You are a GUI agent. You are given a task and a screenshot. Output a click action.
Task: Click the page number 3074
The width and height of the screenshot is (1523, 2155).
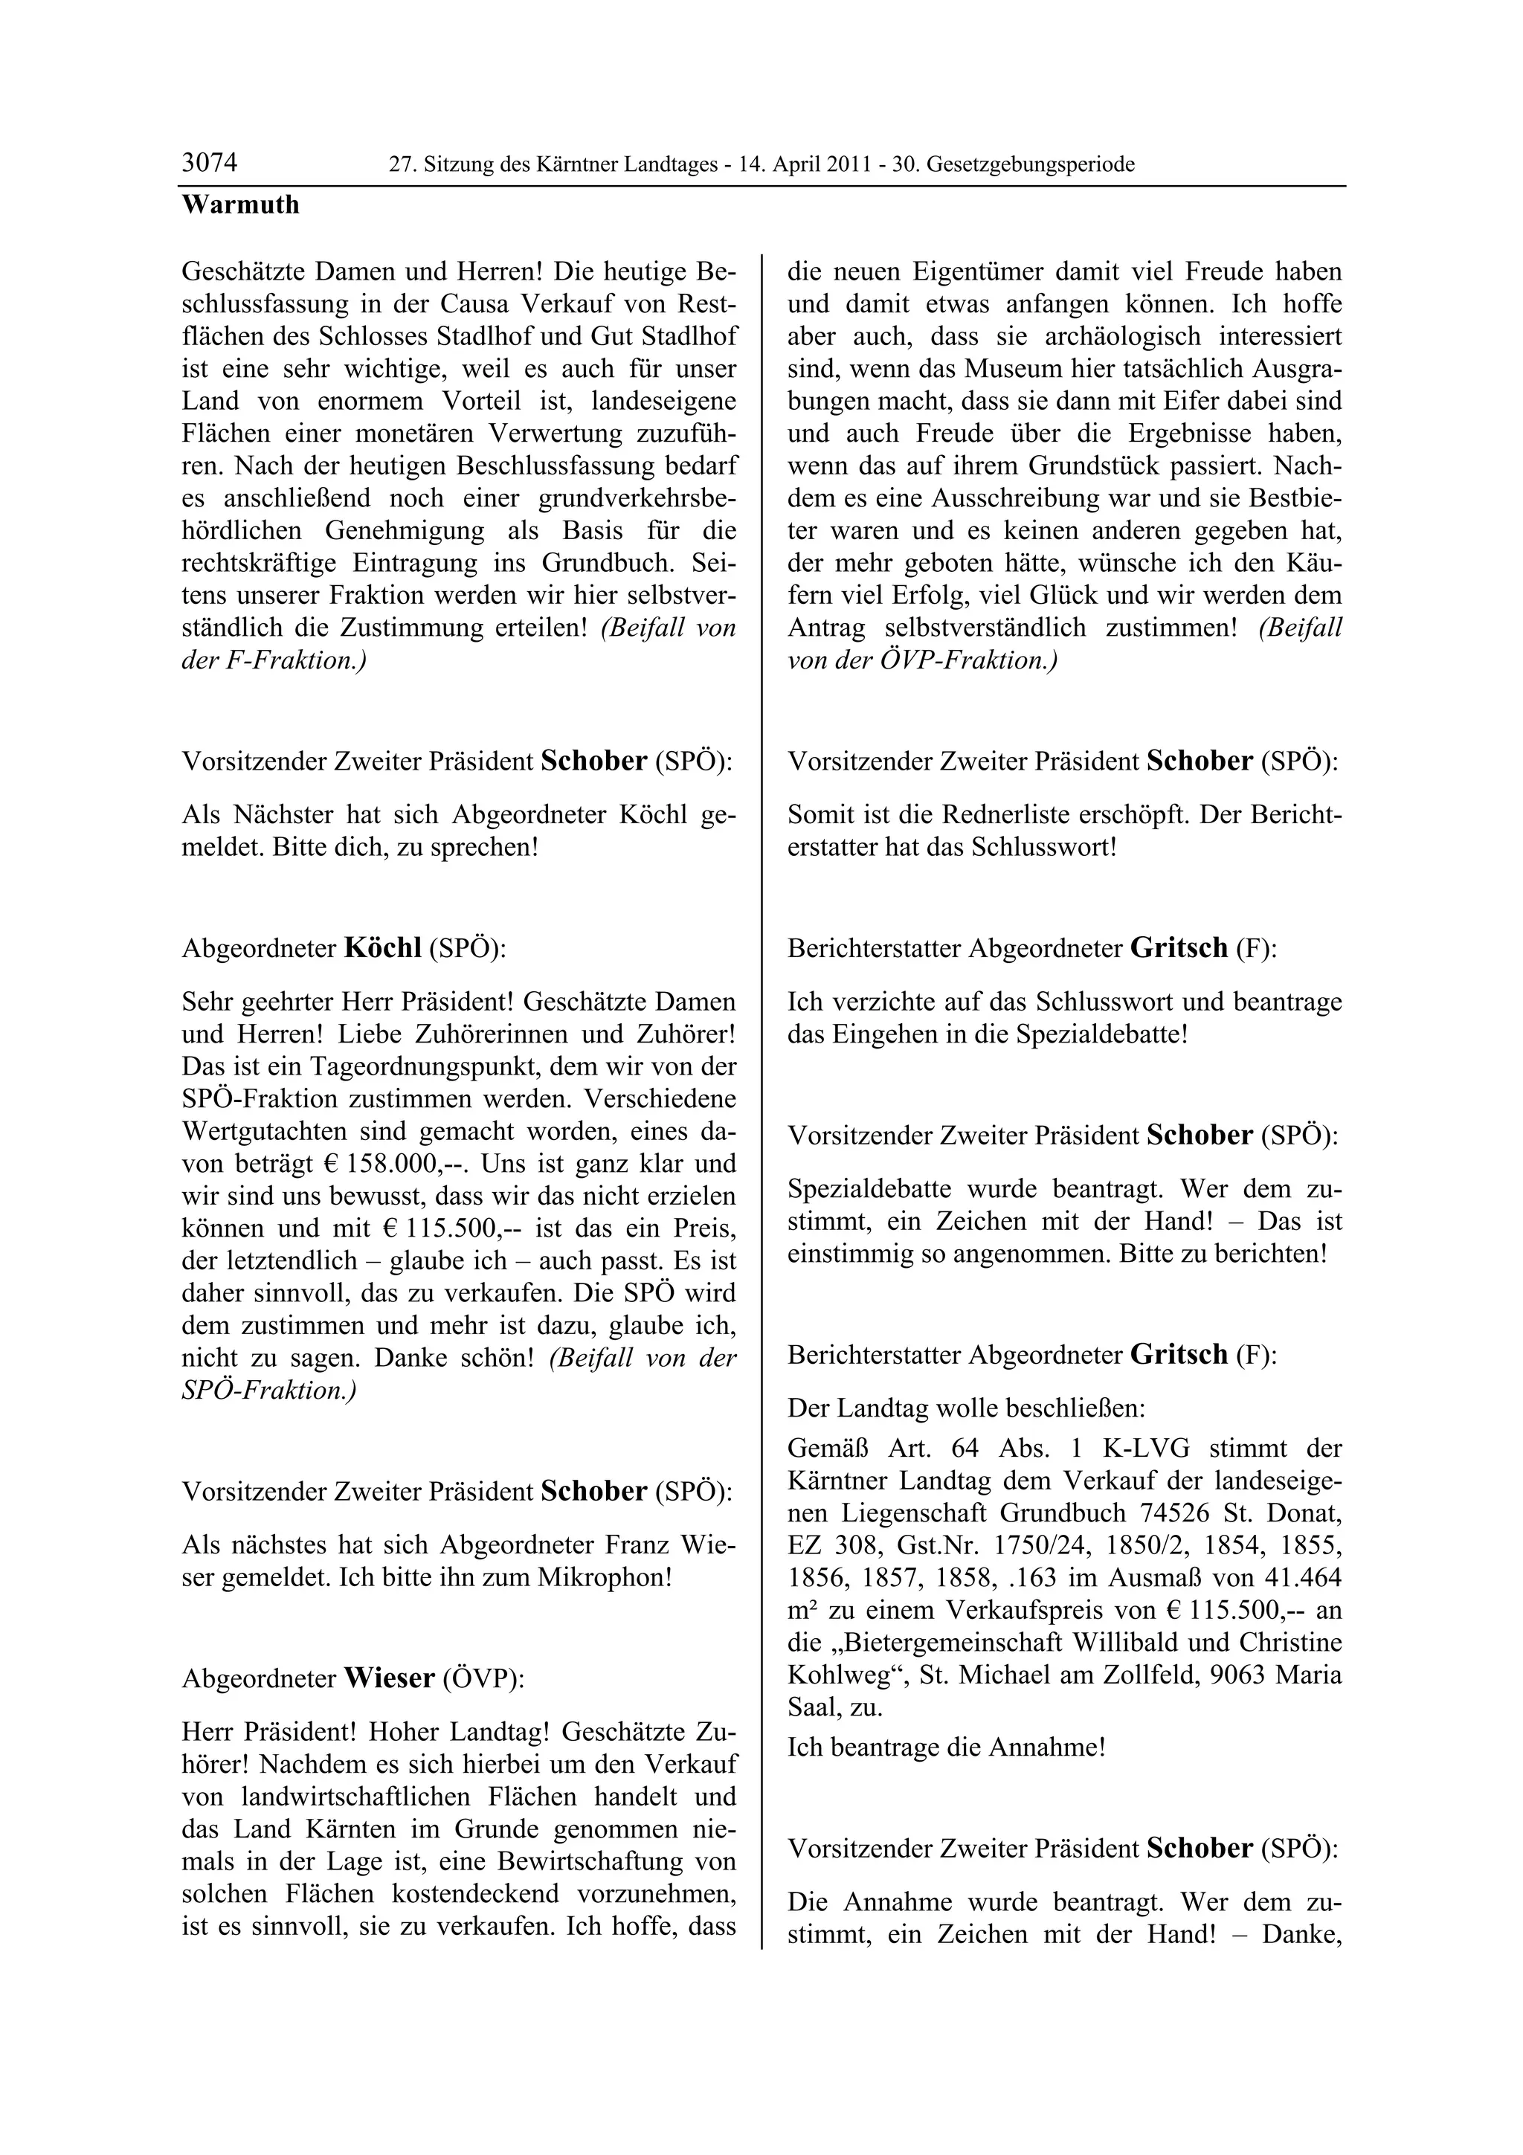209,164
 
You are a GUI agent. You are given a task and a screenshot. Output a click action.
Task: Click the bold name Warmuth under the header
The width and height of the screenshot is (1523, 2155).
240,204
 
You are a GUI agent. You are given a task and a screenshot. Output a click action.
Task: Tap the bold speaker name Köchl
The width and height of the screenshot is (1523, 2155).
383,948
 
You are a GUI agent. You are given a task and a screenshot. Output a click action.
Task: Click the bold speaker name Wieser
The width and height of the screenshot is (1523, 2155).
388,1678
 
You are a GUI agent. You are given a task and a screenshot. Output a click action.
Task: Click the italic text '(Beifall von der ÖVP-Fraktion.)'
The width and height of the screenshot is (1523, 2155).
1064,644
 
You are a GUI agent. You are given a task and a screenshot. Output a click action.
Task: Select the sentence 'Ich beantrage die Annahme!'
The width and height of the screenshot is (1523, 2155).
946,1747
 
